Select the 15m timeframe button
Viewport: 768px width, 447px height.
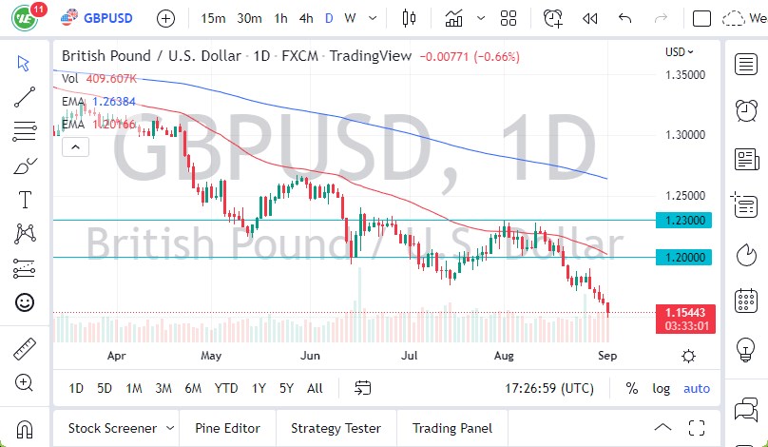coord(214,18)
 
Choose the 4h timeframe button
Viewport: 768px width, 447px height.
coord(305,18)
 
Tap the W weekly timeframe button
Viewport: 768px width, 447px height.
coord(350,18)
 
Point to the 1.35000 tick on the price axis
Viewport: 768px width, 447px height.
coord(684,74)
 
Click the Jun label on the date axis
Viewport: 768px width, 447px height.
coord(309,356)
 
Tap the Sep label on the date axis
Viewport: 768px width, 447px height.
coord(607,356)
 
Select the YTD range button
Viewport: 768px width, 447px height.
coord(225,388)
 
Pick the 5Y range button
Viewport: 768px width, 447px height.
coord(286,388)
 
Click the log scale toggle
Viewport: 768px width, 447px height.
coord(662,388)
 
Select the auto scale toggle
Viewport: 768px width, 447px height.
coord(696,388)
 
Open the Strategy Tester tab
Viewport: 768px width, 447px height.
coord(336,428)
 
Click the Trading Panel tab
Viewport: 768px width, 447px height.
coord(452,428)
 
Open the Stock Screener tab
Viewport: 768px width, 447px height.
coord(111,428)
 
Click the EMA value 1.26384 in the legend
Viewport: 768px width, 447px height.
coord(113,101)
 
